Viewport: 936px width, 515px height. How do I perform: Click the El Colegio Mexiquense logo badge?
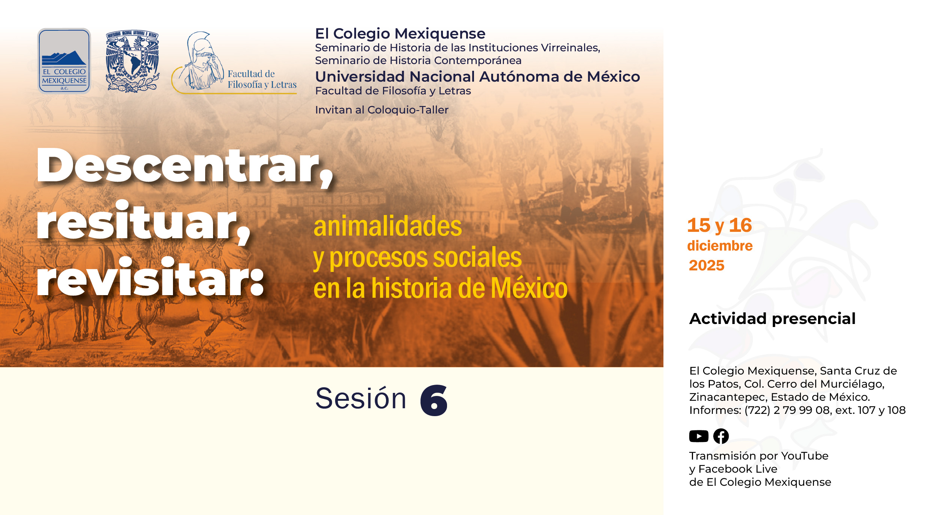click(64, 61)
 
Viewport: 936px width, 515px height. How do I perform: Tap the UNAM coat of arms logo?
click(133, 61)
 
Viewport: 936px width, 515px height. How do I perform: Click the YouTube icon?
click(699, 436)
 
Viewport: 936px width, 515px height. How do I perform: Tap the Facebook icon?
click(721, 436)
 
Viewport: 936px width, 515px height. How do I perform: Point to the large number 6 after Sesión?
click(434, 400)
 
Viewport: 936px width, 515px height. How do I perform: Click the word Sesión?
click(361, 399)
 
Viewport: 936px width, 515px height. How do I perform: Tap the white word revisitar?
click(150, 279)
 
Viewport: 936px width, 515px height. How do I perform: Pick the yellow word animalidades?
click(388, 227)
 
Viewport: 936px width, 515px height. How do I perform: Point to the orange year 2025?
click(706, 266)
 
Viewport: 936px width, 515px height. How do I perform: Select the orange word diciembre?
click(720, 246)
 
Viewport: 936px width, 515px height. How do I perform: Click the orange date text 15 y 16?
click(719, 225)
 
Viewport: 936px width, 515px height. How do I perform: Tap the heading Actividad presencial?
click(772, 319)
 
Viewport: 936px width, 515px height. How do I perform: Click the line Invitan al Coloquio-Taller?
click(382, 110)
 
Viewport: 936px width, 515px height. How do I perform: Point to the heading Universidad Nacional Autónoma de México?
click(477, 77)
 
